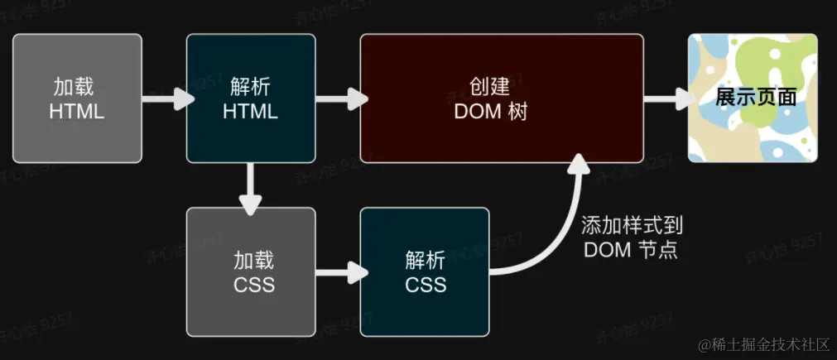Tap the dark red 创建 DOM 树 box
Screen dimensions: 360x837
click(x=502, y=98)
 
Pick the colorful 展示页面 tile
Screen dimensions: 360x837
click(x=753, y=98)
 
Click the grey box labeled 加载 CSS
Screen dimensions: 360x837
click(x=250, y=271)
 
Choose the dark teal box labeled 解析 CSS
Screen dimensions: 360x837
click(x=425, y=271)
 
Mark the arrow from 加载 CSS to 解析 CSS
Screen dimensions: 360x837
click(x=339, y=271)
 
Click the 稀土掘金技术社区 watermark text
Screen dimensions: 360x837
click(x=761, y=343)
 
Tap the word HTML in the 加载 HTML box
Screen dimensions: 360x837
click(x=77, y=112)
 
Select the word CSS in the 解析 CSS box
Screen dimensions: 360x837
click(x=426, y=286)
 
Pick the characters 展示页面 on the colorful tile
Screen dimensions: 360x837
click(x=756, y=97)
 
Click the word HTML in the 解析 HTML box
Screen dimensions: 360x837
click(x=250, y=112)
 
